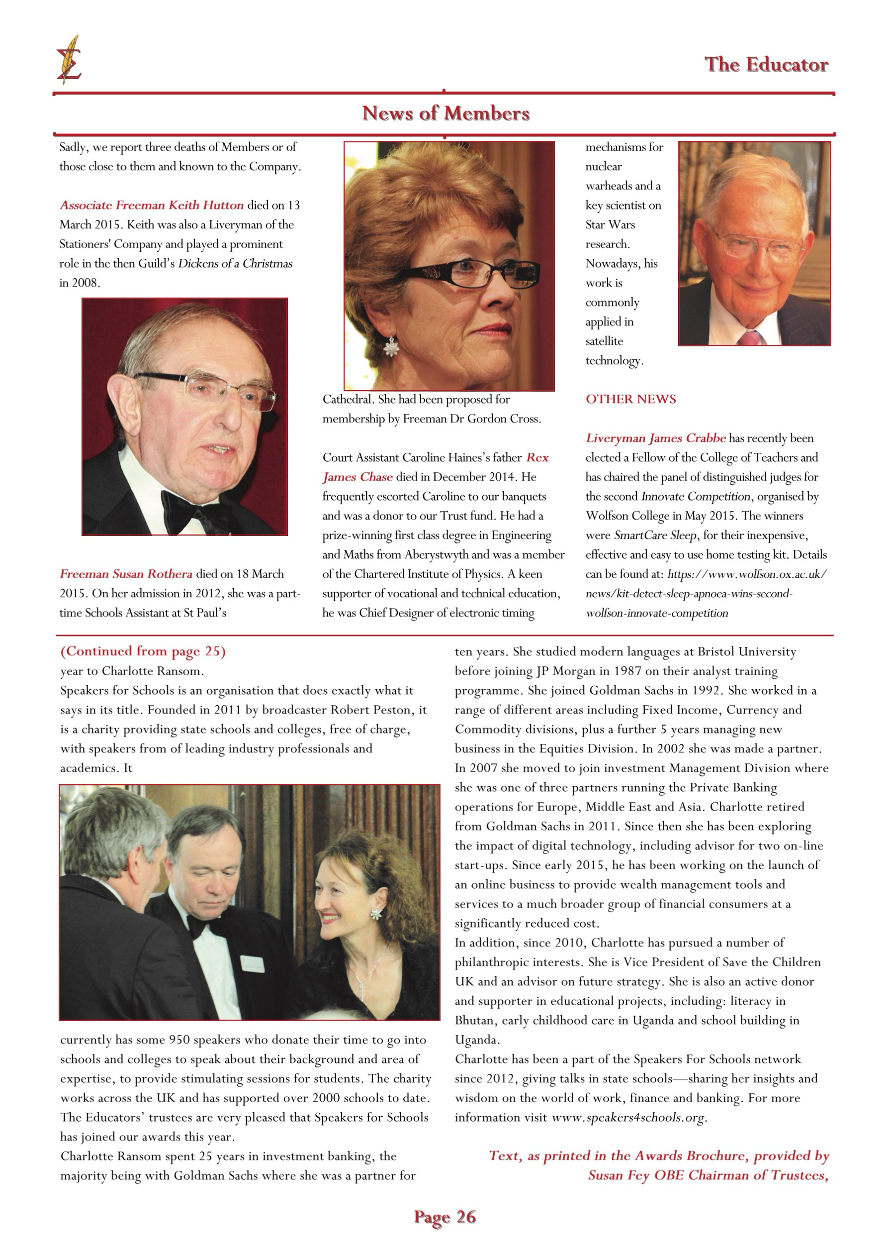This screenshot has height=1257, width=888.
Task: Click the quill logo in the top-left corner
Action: click(69, 60)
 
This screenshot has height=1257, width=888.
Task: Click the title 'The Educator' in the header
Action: click(766, 65)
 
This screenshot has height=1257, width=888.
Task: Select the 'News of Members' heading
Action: click(445, 113)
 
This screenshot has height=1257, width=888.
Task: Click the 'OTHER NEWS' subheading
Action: click(630, 399)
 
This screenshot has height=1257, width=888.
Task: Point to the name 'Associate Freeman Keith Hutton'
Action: click(152, 206)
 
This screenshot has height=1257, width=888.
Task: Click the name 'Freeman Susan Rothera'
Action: click(126, 574)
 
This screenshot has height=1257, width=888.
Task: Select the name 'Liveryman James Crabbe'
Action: click(655, 438)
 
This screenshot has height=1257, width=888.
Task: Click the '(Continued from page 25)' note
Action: click(143, 651)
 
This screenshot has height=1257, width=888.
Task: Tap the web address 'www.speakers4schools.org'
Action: click(628, 1117)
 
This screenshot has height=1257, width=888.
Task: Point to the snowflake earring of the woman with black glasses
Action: click(391, 345)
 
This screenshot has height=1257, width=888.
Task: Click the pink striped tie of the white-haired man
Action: click(748, 337)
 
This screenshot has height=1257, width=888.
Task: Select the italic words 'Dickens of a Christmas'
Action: click(235, 263)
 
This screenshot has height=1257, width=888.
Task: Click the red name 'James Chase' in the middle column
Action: click(357, 477)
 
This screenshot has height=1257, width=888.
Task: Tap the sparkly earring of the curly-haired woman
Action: click(375, 913)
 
